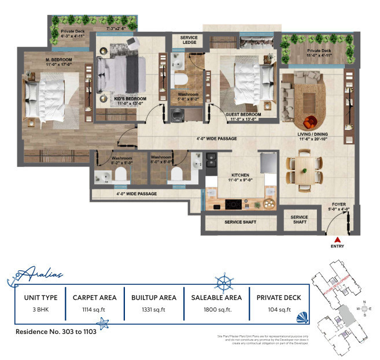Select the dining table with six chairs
[303, 170]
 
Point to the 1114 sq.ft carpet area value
[94, 310]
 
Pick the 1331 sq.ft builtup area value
[153, 310]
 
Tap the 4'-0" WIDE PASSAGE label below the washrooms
[136, 194]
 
